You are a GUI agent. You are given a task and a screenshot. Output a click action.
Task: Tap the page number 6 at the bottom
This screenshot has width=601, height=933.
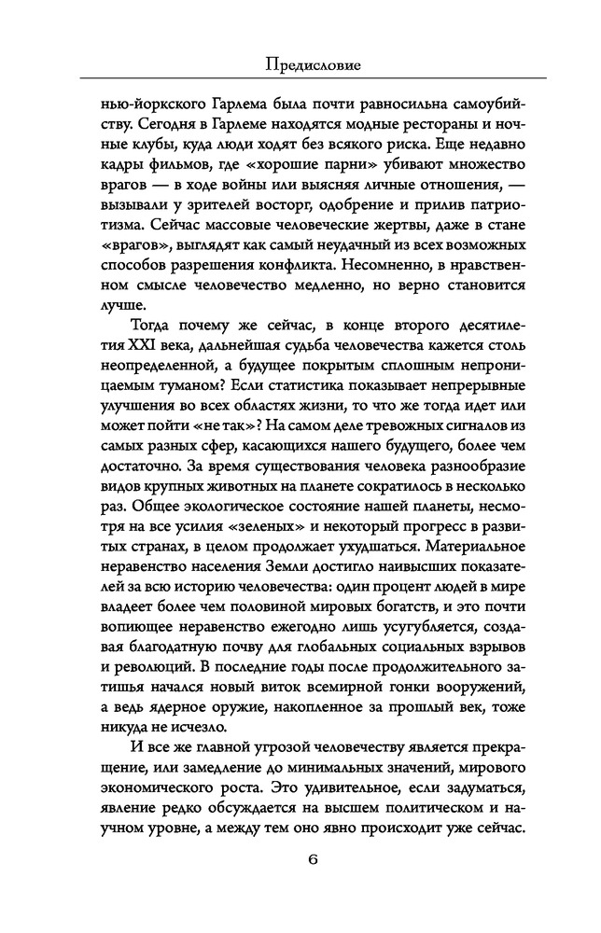tap(301, 884)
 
